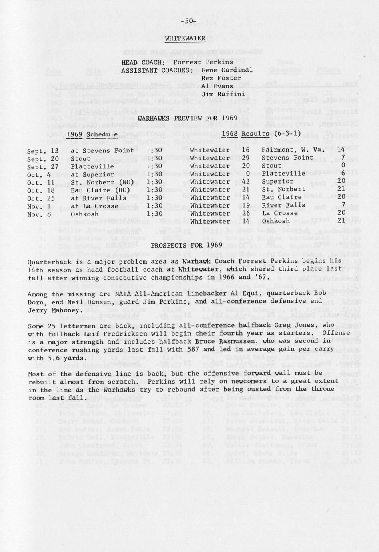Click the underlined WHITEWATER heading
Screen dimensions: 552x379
(185, 38)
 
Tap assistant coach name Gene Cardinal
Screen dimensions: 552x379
(227, 70)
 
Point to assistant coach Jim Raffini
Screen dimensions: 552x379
(223, 94)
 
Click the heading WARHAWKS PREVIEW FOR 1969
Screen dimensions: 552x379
(187, 118)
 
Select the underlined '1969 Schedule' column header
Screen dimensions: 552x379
(92, 134)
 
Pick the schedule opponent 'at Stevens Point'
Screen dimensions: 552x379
(102, 151)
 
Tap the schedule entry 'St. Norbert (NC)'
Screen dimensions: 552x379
(98, 182)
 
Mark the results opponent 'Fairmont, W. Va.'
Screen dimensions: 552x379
(293, 150)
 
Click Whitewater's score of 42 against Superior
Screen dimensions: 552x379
(246, 182)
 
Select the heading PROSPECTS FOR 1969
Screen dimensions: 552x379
(186, 245)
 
